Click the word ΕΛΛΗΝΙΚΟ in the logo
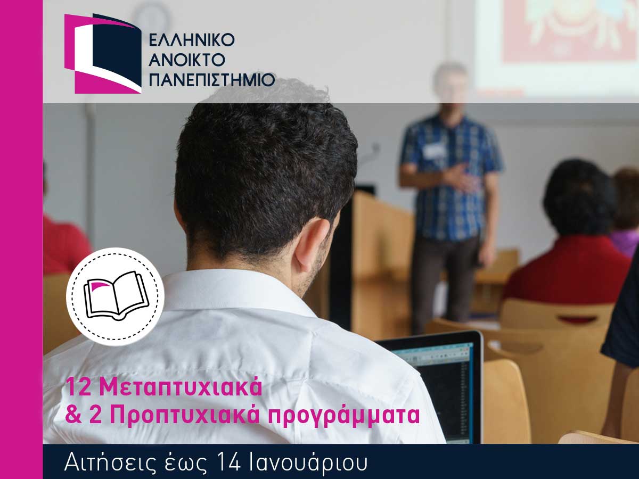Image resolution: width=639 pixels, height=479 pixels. (192, 40)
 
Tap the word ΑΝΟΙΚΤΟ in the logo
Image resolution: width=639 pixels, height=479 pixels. (189, 60)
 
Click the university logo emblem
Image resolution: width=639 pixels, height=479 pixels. (103, 54)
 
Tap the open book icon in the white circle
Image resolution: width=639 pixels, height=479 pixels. (116, 295)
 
